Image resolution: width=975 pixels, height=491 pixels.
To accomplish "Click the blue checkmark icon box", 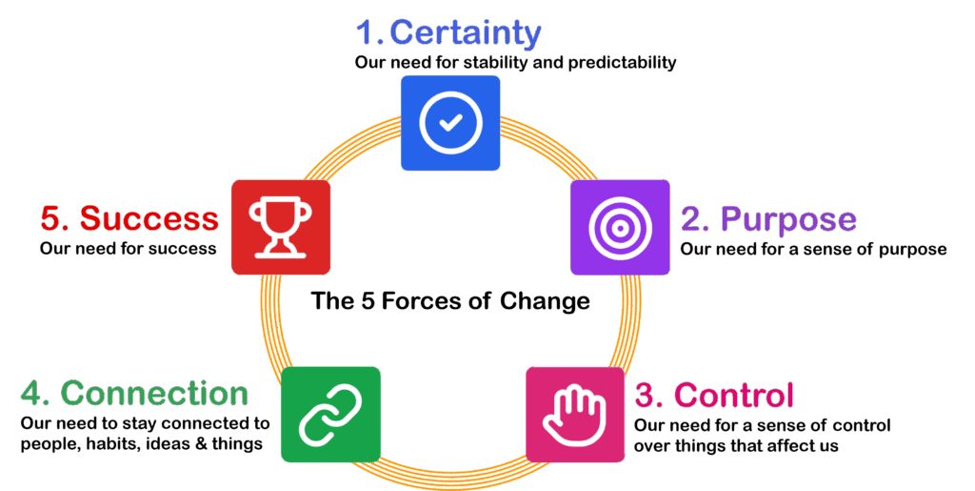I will click(x=450, y=123).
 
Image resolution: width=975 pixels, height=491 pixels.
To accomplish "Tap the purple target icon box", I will click(x=619, y=227).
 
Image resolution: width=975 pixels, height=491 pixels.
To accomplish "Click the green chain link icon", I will click(x=330, y=415).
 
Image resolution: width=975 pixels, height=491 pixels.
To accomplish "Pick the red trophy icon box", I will click(x=281, y=227).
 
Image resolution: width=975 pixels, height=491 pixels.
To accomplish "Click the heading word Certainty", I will click(x=466, y=33).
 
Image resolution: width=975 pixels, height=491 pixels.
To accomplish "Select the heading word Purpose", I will click(x=788, y=219).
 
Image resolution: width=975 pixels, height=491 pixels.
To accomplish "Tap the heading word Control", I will click(x=733, y=395).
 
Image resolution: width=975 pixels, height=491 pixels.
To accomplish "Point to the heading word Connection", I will click(x=154, y=394).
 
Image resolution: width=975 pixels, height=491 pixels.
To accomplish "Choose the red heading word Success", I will click(x=149, y=218).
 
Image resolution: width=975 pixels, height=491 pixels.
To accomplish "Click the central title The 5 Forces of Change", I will click(x=450, y=301).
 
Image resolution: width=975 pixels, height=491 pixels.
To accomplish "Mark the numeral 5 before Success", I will click(x=50, y=218).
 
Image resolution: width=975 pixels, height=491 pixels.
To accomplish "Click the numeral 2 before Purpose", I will click(x=692, y=219).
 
